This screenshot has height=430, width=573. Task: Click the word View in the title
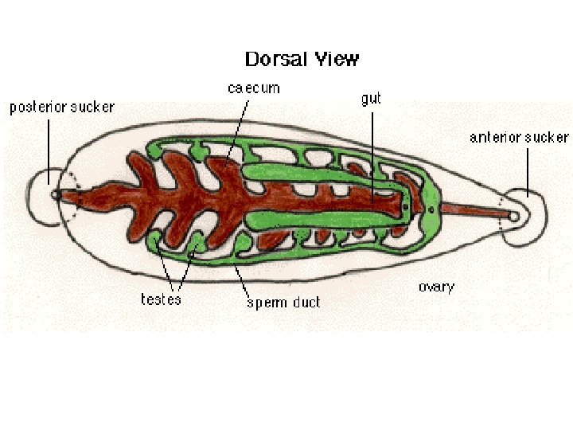[339, 60]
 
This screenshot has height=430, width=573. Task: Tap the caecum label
[254, 88]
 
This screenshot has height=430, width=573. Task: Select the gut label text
[371, 99]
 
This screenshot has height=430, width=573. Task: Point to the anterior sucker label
[519, 138]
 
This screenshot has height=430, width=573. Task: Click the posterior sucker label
[62, 107]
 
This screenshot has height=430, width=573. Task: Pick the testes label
[161, 299]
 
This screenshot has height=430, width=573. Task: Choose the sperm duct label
[283, 302]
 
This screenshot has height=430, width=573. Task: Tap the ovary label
[436, 287]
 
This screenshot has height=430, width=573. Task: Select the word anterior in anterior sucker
[493, 138]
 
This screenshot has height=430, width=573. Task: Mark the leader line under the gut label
[372, 151]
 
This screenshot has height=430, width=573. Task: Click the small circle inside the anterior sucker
[514, 216]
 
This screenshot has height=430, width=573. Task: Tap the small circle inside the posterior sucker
[55, 193]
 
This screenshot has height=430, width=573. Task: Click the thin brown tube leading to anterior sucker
[474, 211]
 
